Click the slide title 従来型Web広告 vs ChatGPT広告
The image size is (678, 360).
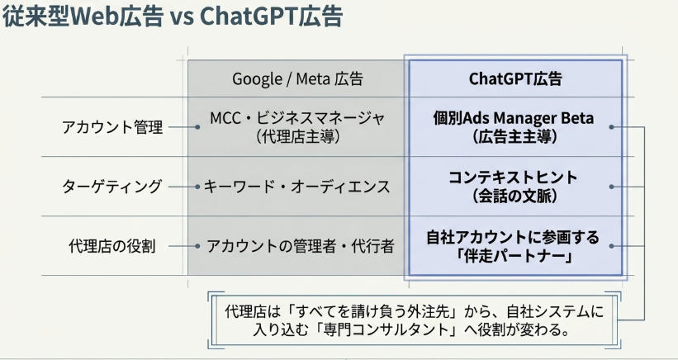pyautogui.click(x=173, y=17)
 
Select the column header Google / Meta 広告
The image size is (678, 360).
pyautogui.click(x=297, y=78)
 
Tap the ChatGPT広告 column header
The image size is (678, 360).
pyautogui.click(x=515, y=78)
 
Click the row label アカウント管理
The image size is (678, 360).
pyautogui.click(x=112, y=127)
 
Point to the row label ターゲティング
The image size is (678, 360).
pyautogui.click(x=112, y=187)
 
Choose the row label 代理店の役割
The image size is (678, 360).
pyautogui.click(x=112, y=246)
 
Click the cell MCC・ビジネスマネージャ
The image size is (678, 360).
pyautogui.click(x=297, y=118)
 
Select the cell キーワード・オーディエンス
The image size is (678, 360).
pyautogui.click(x=296, y=187)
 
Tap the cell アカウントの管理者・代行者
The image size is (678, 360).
pyautogui.click(x=300, y=246)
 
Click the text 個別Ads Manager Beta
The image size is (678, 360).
pyautogui.click(x=514, y=118)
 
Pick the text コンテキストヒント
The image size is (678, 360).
pyautogui.click(x=514, y=178)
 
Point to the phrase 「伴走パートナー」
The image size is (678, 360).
pyautogui.click(x=514, y=256)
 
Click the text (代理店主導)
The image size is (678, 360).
pyautogui.click(x=297, y=137)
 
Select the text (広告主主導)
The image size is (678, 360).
pyautogui.click(x=514, y=137)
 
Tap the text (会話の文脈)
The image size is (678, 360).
pyautogui.click(x=514, y=197)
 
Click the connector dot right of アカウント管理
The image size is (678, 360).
pyautogui.click(x=197, y=127)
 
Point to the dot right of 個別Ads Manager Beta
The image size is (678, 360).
pyautogui.click(x=611, y=127)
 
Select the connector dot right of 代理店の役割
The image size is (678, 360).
pyautogui.click(x=197, y=246)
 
